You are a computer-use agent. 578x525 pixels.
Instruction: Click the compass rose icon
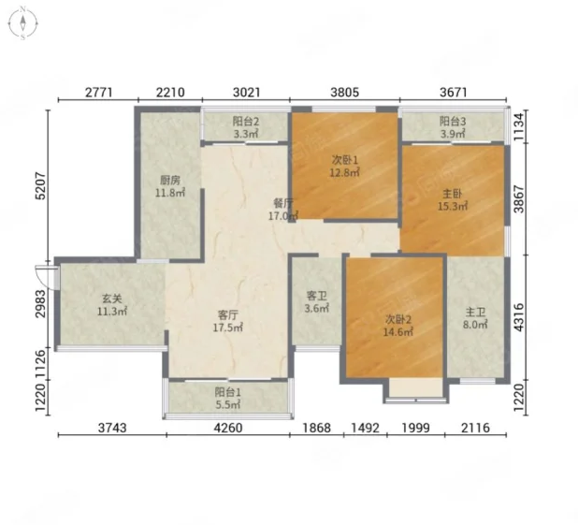[22, 22]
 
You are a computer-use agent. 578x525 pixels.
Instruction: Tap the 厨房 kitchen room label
[170, 180]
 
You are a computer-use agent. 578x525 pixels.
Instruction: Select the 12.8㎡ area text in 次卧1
[345, 172]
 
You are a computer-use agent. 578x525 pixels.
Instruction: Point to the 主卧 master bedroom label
[453, 194]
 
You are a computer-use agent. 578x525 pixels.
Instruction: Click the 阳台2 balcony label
[246, 122]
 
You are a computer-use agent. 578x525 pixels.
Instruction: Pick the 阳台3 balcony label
[453, 122]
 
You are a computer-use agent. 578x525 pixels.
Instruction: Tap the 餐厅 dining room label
[283, 203]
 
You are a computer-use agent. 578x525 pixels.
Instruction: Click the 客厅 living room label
[228, 315]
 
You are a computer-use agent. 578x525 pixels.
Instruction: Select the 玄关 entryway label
[111, 299]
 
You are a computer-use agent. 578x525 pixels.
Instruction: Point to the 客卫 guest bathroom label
[317, 296]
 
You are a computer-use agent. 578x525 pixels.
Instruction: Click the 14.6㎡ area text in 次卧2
[398, 332]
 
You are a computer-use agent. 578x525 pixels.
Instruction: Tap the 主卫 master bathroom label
[475, 313]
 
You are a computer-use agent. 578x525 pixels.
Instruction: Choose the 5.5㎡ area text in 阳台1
[228, 404]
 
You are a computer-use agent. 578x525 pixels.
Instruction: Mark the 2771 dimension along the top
[98, 93]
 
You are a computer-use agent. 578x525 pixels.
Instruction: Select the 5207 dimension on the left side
[40, 186]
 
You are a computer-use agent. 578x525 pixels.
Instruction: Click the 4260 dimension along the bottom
[228, 428]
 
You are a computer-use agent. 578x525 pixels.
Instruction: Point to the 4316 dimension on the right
[519, 317]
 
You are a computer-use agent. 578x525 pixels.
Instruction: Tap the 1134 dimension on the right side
[519, 125]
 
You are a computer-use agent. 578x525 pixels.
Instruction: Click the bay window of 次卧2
[416, 391]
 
